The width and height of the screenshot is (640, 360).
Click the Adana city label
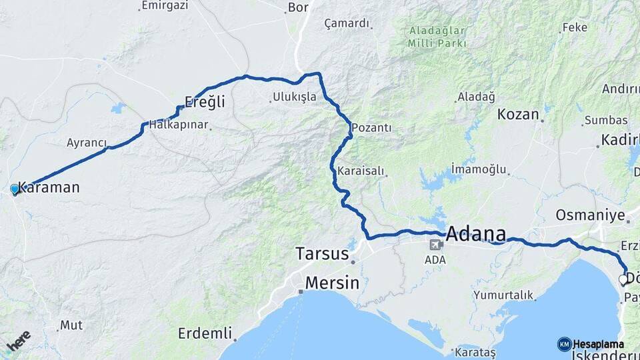click(x=475, y=234)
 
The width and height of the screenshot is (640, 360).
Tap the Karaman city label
click(x=49, y=187)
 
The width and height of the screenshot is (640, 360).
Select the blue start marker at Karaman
click(x=15, y=189)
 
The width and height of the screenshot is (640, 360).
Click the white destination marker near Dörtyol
click(x=623, y=279)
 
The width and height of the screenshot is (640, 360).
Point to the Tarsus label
click(x=322, y=254)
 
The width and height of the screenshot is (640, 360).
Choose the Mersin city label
click(x=332, y=283)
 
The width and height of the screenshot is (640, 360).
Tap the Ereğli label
click(x=205, y=102)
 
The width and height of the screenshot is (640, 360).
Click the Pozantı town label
click(x=371, y=127)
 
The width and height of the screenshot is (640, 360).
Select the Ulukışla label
click(x=294, y=97)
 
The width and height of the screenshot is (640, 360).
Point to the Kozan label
click(x=518, y=114)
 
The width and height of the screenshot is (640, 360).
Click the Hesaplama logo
click(x=591, y=344)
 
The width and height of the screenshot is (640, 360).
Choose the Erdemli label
click(x=205, y=333)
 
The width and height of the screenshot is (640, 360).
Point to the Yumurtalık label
click(x=503, y=295)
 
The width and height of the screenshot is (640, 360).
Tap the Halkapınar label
click(x=178, y=125)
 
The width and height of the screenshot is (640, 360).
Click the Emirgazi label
click(x=165, y=5)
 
